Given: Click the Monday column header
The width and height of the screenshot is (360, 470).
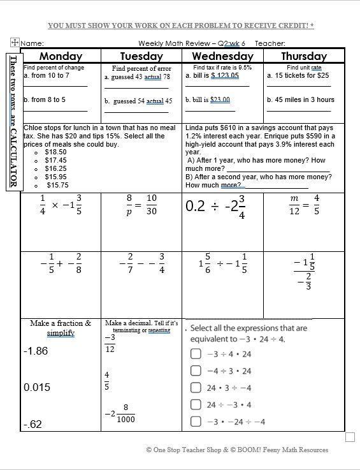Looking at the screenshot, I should click(x=61, y=55).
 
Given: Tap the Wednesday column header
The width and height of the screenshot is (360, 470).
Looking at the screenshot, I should click(x=223, y=55).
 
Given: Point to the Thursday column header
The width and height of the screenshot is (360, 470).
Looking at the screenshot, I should click(x=303, y=55).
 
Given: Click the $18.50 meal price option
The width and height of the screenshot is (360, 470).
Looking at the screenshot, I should click(x=55, y=152).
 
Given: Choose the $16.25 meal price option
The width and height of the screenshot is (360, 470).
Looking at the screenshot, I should click(x=55, y=168).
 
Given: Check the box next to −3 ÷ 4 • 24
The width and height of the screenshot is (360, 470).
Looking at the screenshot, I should click(x=196, y=355).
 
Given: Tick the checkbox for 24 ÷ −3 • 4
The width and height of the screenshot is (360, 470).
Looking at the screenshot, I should click(x=196, y=404).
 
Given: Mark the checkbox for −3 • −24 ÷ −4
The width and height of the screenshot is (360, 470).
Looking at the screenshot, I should click(x=196, y=422).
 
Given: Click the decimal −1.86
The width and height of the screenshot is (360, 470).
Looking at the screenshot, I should click(x=35, y=351).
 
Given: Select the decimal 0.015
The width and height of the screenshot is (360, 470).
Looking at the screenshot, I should click(x=37, y=388).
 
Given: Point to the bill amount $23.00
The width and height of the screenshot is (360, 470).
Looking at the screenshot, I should click(x=220, y=100).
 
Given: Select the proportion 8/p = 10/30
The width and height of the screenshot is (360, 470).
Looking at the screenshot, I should click(x=141, y=205).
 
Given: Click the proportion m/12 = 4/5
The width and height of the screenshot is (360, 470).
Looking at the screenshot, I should click(x=303, y=205).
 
